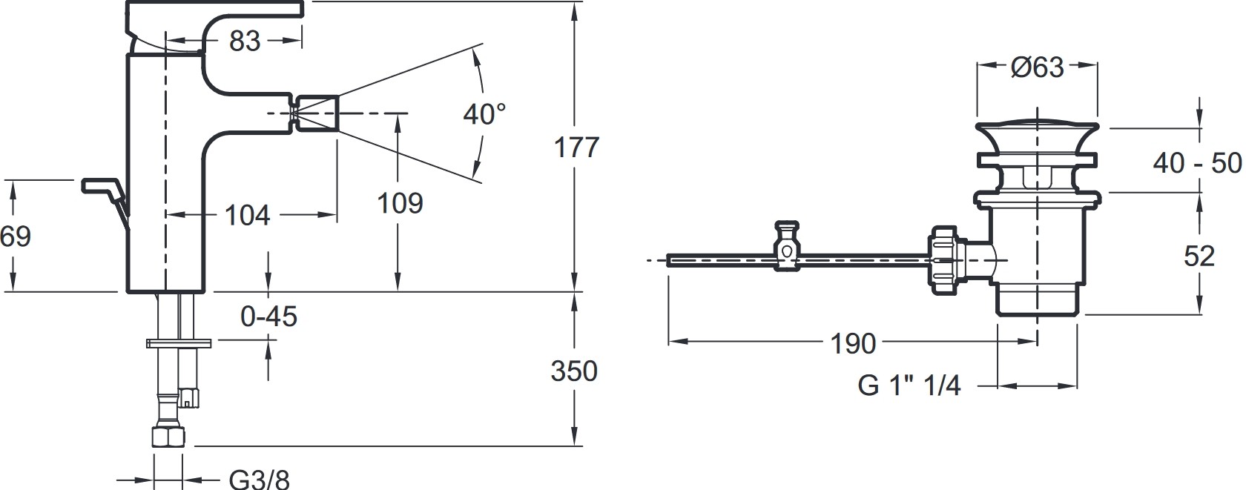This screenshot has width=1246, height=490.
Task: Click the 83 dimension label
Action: (245, 42)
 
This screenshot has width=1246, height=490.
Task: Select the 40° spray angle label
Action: (484, 114)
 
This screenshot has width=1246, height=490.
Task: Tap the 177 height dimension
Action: (576, 148)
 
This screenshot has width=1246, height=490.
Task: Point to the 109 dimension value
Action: (400, 203)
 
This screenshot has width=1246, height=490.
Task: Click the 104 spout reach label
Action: (247, 215)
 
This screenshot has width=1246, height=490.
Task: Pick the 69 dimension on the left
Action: (15, 236)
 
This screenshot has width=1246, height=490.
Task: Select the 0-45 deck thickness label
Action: (268, 317)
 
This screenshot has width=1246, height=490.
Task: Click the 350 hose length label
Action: (574, 371)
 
